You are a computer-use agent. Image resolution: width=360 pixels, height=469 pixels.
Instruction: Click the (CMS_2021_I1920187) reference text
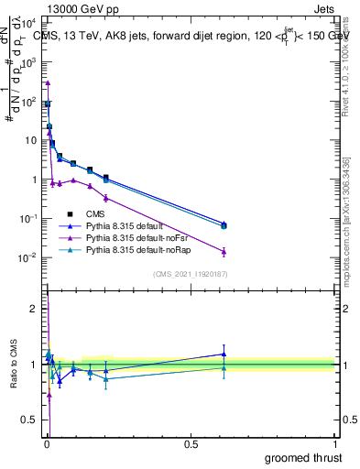coord(190,273)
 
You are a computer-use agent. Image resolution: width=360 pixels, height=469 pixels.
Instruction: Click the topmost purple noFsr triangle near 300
coord(48,82)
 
